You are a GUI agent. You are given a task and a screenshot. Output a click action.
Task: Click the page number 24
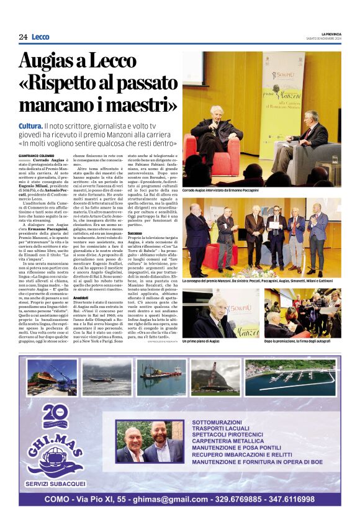click(x=23, y=37)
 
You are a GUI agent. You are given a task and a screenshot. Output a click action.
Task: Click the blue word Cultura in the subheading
click(x=30, y=127)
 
